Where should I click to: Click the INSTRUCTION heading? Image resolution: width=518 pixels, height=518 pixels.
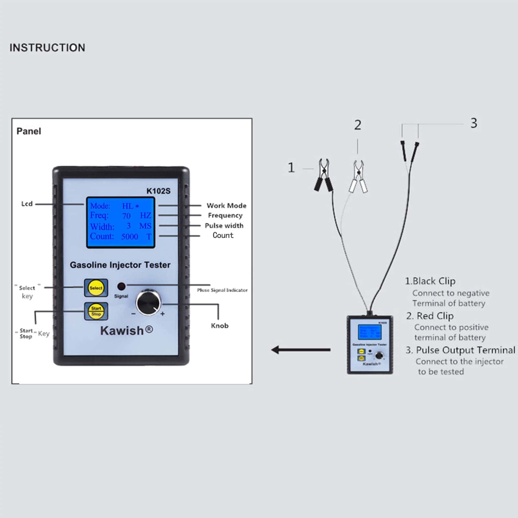point(47,48)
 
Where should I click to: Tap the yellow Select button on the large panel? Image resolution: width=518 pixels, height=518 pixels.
point(96,287)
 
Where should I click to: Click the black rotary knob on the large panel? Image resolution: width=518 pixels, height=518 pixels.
point(148,303)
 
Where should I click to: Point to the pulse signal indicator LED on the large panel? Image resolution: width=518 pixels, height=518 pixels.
point(121,286)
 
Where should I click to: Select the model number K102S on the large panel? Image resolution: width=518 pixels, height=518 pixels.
point(158,191)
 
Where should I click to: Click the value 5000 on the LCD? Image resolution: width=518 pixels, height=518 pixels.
point(129,236)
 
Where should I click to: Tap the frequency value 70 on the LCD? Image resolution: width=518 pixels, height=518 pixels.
point(126,216)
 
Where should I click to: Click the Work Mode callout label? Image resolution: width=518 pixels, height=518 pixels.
point(226,206)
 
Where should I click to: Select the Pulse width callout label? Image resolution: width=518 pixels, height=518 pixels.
point(224,226)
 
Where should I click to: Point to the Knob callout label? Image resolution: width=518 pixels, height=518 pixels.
point(220,326)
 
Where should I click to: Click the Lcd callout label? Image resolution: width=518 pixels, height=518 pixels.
point(27,204)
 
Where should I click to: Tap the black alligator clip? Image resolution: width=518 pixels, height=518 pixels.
point(323,175)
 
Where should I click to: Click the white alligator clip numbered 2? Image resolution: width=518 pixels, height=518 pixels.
point(358,176)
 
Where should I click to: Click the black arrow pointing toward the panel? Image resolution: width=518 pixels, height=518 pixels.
point(301,350)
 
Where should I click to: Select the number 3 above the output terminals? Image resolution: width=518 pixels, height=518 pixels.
point(474,123)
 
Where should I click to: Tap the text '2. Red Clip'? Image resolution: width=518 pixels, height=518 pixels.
point(430,316)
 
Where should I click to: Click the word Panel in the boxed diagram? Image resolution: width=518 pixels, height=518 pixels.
point(29,131)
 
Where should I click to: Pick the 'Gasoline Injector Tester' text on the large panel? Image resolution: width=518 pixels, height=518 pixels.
point(120,265)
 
